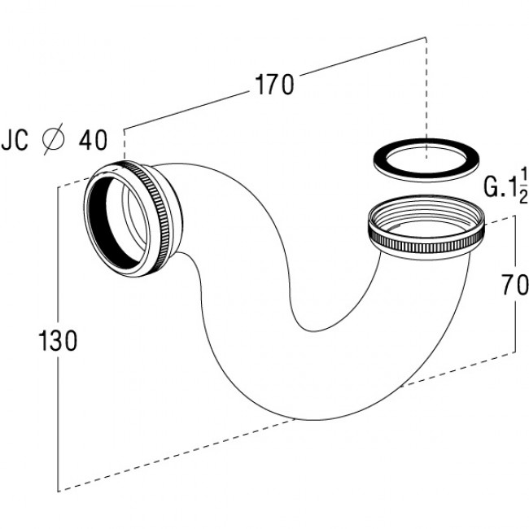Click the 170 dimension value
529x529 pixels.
tap(274, 85)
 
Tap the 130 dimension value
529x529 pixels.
tap(58, 340)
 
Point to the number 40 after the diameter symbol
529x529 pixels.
tap(93, 140)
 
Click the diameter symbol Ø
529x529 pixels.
tap(53, 139)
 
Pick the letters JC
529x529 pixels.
tap(15, 140)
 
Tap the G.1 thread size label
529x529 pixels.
tap(500, 186)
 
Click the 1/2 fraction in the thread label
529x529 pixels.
tap(522, 186)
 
